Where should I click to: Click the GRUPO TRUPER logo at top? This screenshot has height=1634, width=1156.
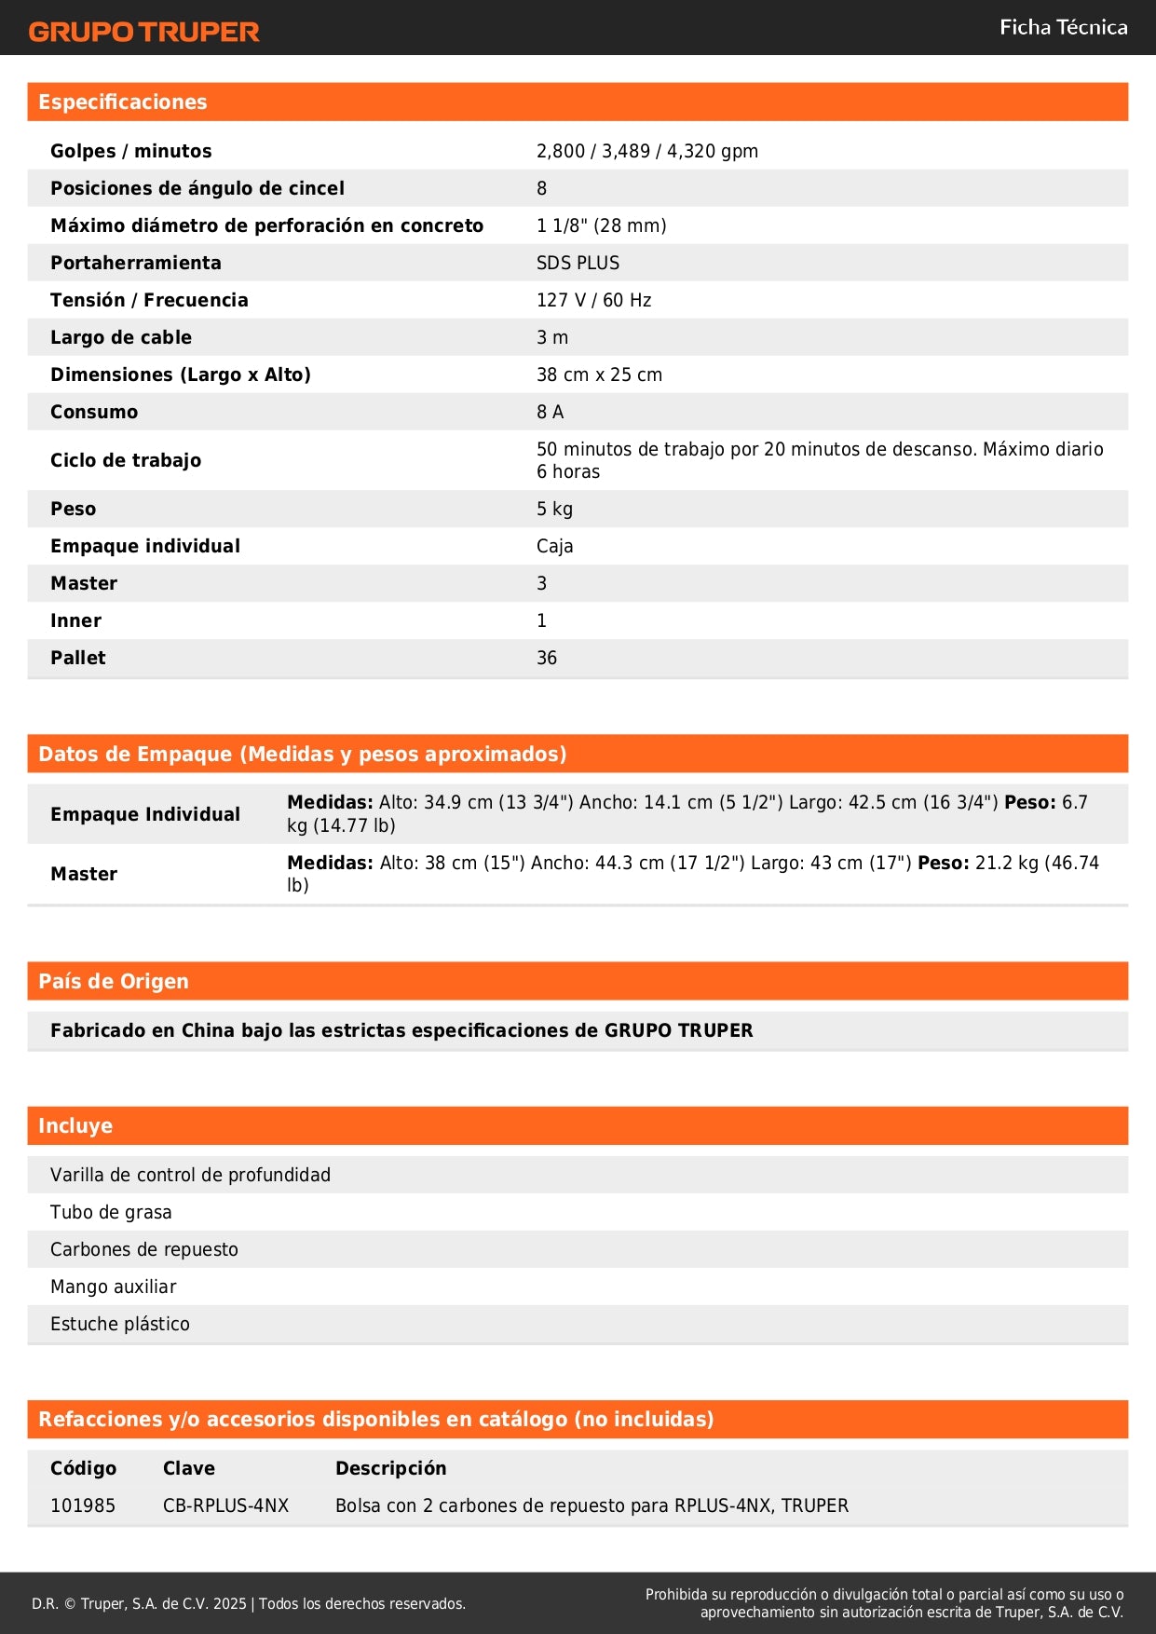pyautogui.click(x=143, y=32)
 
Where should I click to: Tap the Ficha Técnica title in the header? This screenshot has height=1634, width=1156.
pyautogui.click(x=1063, y=28)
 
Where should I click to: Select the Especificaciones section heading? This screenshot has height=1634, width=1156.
pyautogui.click(x=123, y=102)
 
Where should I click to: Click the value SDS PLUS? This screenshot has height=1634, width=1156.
pyautogui.click(x=578, y=263)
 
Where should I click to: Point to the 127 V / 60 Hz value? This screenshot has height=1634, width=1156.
pyautogui.click(x=593, y=300)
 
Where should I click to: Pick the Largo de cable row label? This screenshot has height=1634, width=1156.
pyautogui.click(x=121, y=337)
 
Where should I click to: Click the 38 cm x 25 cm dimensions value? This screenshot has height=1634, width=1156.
pyautogui.click(x=599, y=374)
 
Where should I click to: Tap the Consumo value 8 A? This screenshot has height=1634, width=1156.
pyautogui.click(x=550, y=412)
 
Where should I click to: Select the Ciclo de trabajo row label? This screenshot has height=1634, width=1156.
pyautogui.click(x=126, y=460)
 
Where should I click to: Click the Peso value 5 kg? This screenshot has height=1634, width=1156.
pyautogui.click(x=554, y=509)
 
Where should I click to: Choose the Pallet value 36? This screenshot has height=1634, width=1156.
pyautogui.click(x=547, y=658)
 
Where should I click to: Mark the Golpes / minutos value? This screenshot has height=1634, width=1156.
pyautogui.click(x=647, y=151)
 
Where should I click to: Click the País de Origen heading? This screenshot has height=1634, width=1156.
pyautogui.click(x=114, y=981)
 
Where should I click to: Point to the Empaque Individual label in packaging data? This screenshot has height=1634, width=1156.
pyautogui.click(x=145, y=814)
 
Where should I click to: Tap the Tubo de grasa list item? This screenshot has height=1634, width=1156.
pyautogui.click(x=111, y=1212)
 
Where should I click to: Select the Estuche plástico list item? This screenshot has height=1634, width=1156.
pyautogui.click(x=120, y=1324)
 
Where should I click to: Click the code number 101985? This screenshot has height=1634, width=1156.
pyautogui.click(x=83, y=1505)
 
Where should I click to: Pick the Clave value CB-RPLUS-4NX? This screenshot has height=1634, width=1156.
pyautogui.click(x=225, y=1505)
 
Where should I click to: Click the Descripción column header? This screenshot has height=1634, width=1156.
pyautogui.click(x=390, y=1468)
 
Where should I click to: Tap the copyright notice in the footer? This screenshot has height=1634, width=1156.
pyautogui.click(x=249, y=1603)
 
